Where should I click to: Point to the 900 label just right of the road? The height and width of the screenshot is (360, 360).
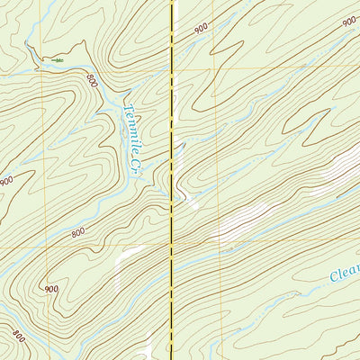[200, 28]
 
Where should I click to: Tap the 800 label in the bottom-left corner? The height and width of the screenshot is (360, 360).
[19, 335]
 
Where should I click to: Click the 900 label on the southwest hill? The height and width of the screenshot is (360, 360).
[50, 289]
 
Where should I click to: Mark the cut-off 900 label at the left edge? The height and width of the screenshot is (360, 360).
[5, 181]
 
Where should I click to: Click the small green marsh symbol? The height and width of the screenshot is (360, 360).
[57, 59]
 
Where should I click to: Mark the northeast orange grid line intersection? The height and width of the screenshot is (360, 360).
[216, 67]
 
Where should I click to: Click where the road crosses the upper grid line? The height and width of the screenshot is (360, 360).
[172, 68]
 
